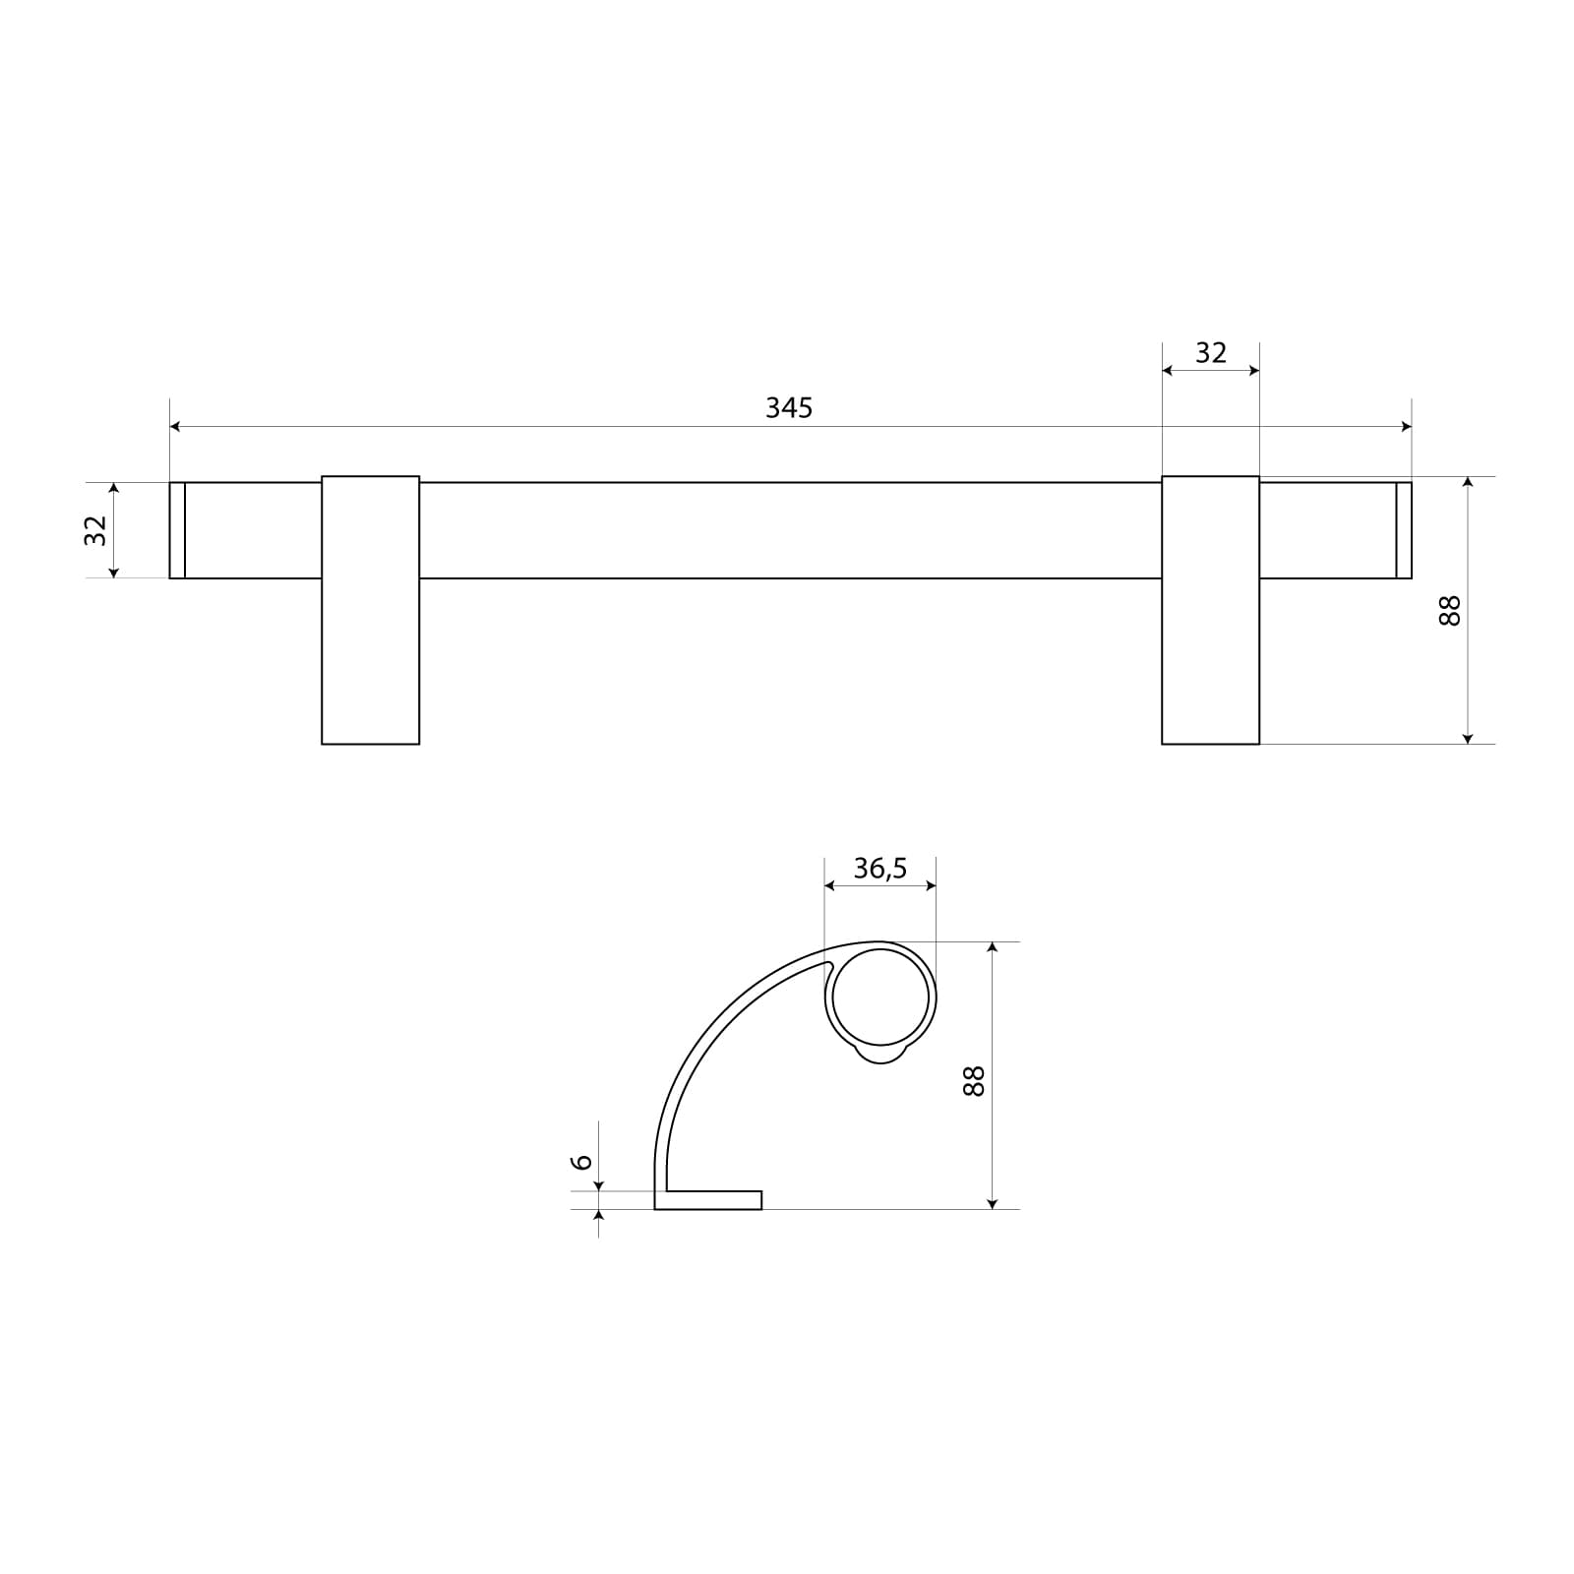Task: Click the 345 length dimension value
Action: click(789, 407)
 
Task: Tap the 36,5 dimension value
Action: click(879, 869)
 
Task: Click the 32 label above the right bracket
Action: click(1211, 352)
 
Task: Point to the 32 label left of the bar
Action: click(95, 530)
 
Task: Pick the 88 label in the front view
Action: click(1449, 610)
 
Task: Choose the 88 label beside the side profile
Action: click(973, 1081)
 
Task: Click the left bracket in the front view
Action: click(371, 610)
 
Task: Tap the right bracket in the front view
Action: click(1211, 610)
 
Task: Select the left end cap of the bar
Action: click(177, 530)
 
